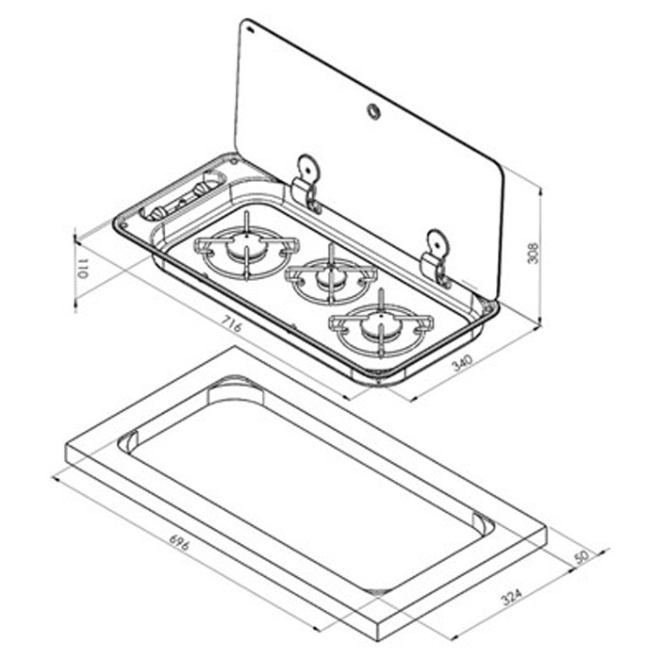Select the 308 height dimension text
533,253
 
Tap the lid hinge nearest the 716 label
306,180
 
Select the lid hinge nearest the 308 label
437,255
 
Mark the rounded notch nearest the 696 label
129,438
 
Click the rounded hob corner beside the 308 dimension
489,306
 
